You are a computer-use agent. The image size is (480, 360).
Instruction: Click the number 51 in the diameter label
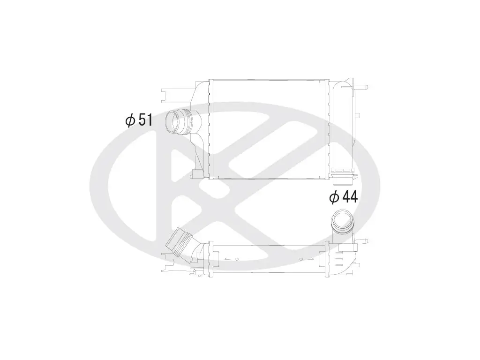click(x=146, y=120)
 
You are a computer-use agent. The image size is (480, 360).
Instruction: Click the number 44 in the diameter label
click(x=350, y=197)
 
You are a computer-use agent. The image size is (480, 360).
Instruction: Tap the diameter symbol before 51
click(x=130, y=120)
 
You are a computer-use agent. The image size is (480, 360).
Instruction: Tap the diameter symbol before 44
click(x=334, y=197)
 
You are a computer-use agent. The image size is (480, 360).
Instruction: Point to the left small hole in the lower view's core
click(x=237, y=259)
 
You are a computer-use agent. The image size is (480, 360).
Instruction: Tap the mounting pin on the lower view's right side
click(x=363, y=241)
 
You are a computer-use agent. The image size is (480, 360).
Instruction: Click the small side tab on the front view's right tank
click(x=357, y=115)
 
